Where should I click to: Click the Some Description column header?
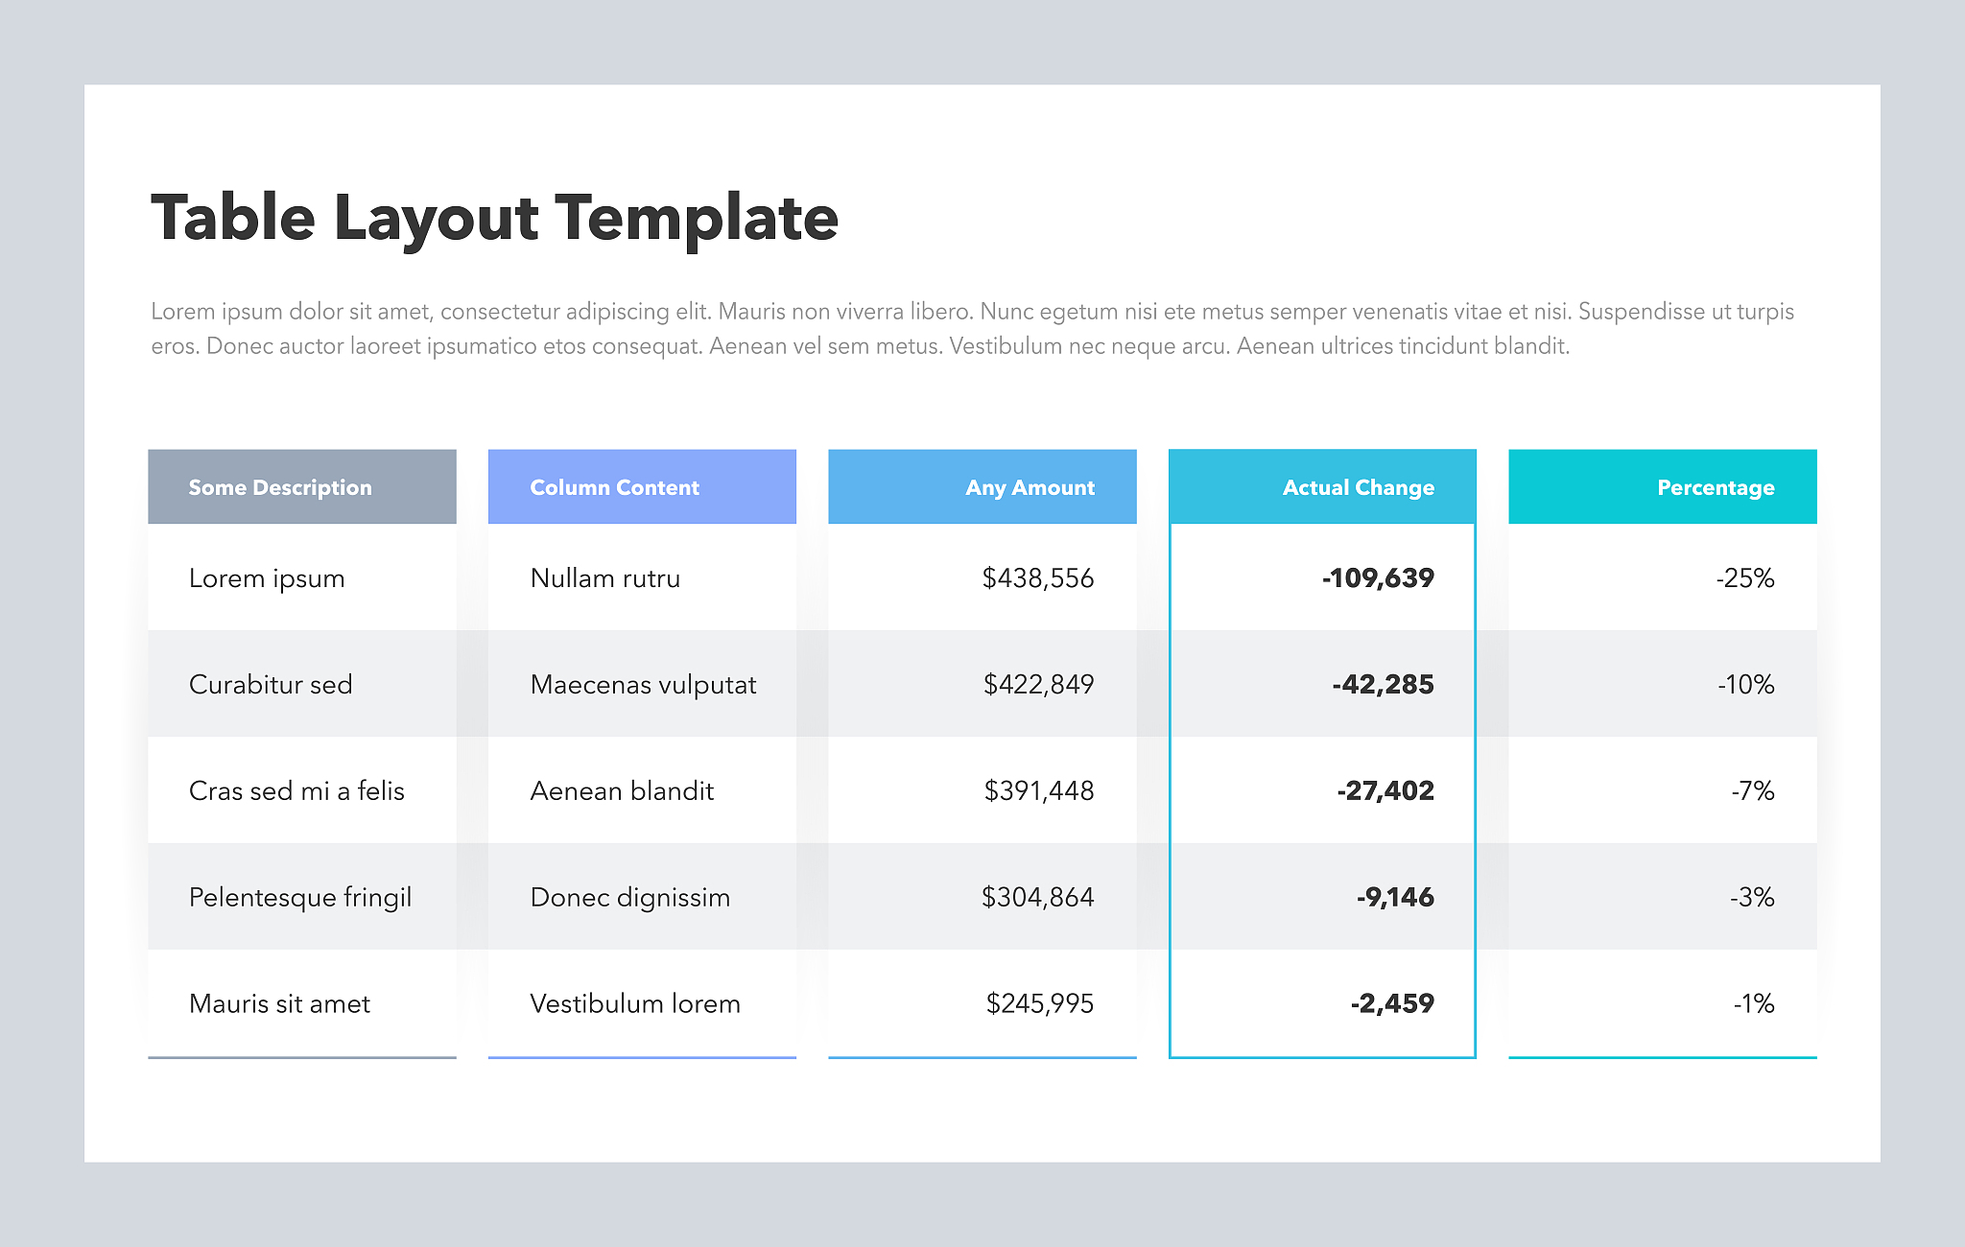(280, 487)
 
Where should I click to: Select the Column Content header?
(615, 487)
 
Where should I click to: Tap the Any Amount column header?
(1030, 487)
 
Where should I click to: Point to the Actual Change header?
(1358, 487)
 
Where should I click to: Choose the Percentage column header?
(1716, 487)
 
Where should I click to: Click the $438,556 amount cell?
(1037, 578)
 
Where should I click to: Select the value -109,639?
(1378, 578)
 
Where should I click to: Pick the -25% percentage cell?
(1744, 578)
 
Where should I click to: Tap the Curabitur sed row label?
(271, 685)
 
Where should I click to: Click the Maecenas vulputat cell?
(643, 685)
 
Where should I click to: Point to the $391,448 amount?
(1038, 791)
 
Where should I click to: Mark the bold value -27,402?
(1385, 791)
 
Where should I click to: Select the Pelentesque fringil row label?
(300, 898)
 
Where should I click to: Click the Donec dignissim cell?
(630, 898)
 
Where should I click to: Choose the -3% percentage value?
(1751, 898)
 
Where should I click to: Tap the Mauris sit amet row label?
(279, 1004)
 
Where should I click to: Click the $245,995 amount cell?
(1039, 1004)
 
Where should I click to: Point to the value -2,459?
(1391, 1004)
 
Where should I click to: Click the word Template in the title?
(697, 218)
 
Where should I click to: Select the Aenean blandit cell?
(622, 791)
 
